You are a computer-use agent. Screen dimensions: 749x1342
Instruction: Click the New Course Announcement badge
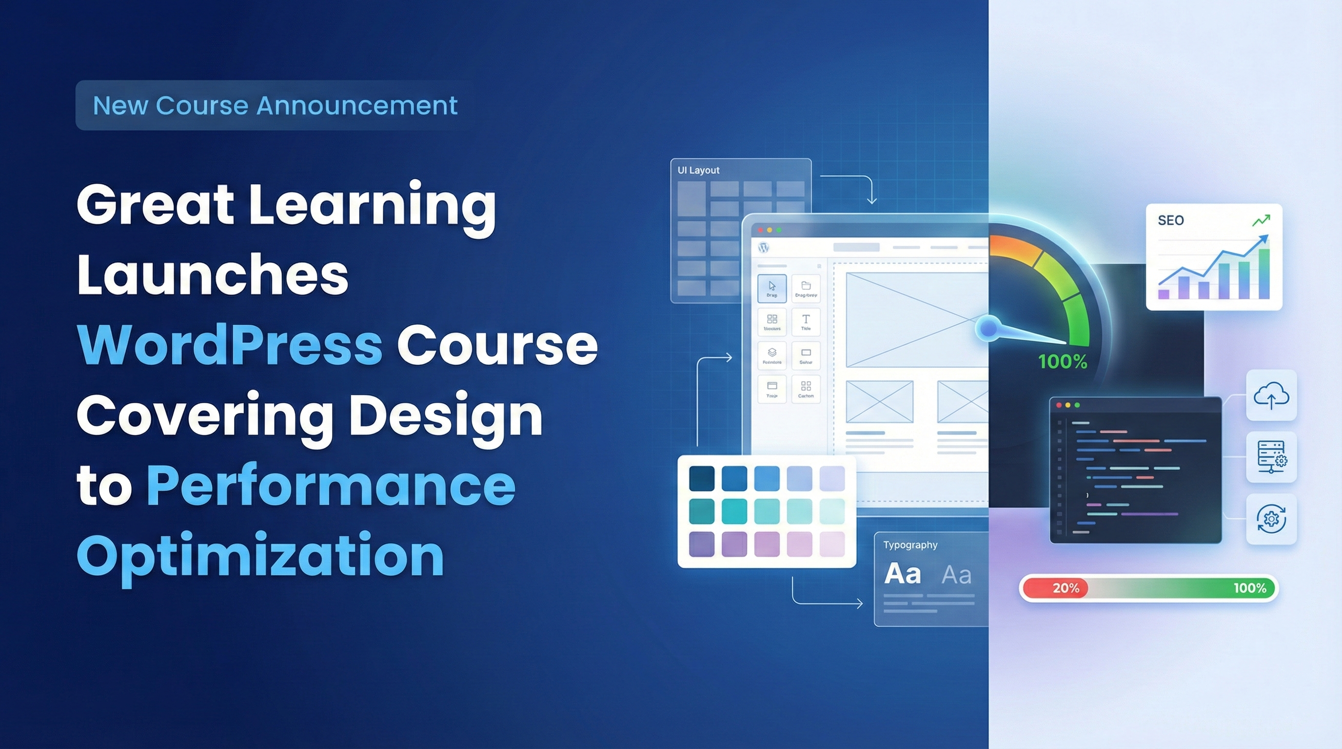[x=275, y=105]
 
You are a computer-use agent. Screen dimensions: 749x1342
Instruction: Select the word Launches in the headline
[x=213, y=275]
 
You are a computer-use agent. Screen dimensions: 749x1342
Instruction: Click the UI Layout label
[x=698, y=170]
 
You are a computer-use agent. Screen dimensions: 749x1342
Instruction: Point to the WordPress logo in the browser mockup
[x=764, y=247]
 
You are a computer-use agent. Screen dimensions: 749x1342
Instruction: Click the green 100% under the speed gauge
[x=1062, y=361]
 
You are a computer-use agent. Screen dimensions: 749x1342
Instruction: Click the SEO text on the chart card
[x=1171, y=220]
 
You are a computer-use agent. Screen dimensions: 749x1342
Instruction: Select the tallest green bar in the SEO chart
[x=1264, y=274]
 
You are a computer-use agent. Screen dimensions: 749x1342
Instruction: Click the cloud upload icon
[x=1271, y=396]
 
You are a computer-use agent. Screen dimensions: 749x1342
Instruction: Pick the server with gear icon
[x=1271, y=457]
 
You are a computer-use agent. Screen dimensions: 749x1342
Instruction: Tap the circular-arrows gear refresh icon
[x=1271, y=519]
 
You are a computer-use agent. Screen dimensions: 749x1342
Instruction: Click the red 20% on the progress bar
[x=1065, y=588]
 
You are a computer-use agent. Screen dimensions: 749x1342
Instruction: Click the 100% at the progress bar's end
[x=1249, y=588]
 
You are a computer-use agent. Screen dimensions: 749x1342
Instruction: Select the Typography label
[x=910, y=545]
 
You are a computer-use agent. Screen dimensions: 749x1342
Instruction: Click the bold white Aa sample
[x=902, y=574]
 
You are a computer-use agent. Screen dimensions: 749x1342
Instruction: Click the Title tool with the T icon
[x=806, y=322]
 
